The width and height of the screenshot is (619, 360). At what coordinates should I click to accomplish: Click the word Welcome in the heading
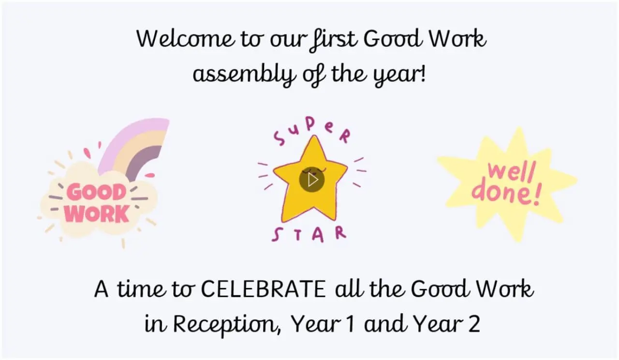click(x=186, y=39)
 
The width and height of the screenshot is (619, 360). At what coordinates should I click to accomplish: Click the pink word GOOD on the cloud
click(x=96, y=193)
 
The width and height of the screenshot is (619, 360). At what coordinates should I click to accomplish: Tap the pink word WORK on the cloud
click(x=97, y=213)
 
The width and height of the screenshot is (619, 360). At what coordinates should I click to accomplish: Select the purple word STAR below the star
click(x=309, y=235)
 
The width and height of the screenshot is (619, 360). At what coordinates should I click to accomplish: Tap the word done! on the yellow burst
click(x=506, y=194)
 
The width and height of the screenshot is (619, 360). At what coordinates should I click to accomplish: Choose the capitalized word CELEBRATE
click(x=263, y=289)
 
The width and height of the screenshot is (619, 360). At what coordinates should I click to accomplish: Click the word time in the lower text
click(x=142, y=289)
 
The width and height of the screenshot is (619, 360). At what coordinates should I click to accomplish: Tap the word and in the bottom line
click(x=385, y=324)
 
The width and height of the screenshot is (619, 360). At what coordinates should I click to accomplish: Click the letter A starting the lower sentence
click(x=101, y=289)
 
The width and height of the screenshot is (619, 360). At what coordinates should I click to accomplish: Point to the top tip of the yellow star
click(x=314, y=136)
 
